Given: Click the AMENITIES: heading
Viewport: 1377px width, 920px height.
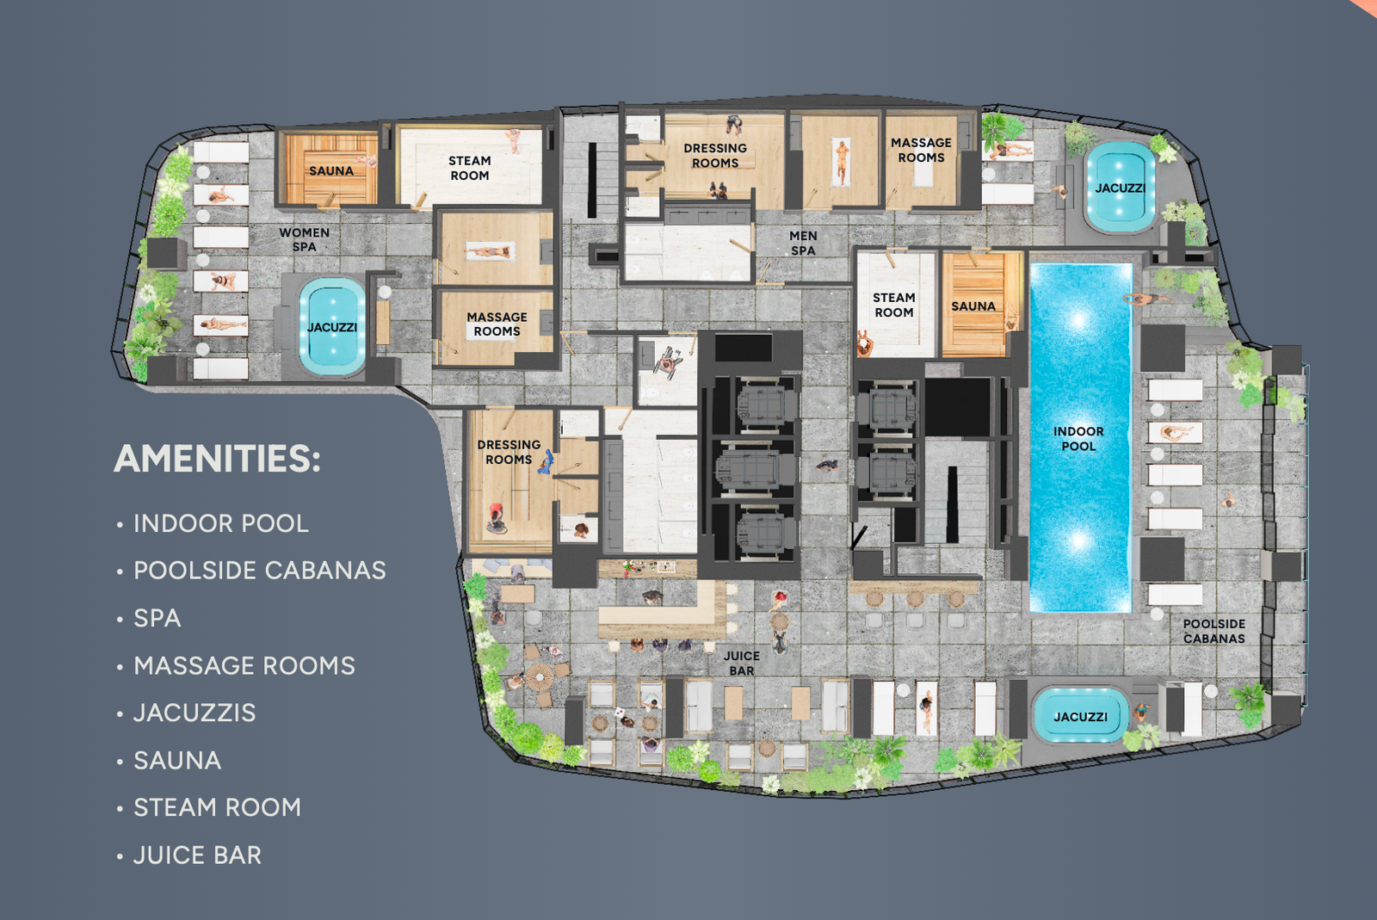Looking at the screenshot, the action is coord(217,459).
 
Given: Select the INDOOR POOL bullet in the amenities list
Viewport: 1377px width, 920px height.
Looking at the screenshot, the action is coord(220,523).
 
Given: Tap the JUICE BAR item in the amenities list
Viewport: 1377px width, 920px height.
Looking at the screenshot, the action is coord(197,855).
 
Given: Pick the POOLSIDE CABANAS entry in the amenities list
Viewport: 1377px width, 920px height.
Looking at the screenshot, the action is coord(259,571).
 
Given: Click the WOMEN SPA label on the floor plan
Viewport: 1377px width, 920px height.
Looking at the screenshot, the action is coord(305,239).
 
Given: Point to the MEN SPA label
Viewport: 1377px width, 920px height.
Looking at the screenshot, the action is coord(803,243).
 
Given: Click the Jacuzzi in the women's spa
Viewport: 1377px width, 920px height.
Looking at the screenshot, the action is coord(332,326).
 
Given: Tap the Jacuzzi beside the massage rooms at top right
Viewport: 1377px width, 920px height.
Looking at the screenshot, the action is coord(1120,188).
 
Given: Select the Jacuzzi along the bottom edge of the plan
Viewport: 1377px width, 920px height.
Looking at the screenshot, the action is coord(1080,716).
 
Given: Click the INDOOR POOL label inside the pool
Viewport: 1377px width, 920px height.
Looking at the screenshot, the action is coord(1078,438).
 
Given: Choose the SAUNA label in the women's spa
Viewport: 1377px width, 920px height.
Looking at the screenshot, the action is coord(330,171).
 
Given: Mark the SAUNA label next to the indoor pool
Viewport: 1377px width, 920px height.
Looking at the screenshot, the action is coord(973,306).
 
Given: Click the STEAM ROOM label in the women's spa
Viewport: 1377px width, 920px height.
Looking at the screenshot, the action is coord(469,168).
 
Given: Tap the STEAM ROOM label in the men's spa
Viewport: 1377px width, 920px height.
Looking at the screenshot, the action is coord(894,305).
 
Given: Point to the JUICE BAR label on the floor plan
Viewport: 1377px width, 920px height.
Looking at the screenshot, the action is coord(741,664).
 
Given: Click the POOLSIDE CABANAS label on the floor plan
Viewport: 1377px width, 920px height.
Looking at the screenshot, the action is coord(1214,631).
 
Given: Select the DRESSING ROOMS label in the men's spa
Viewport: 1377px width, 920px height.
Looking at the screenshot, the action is coord(715,156).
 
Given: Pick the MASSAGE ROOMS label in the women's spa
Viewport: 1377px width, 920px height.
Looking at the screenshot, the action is coord(497,324).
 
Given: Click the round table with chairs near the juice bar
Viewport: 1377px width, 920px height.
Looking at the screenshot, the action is coord(540,676).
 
